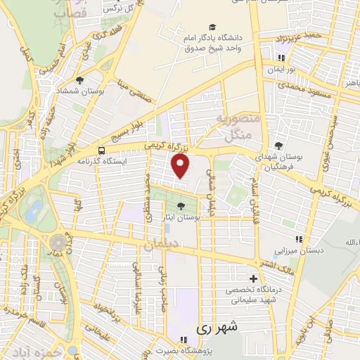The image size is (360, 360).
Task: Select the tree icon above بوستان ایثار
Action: point(182,206)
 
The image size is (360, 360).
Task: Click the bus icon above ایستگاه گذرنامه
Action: point(103,150)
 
